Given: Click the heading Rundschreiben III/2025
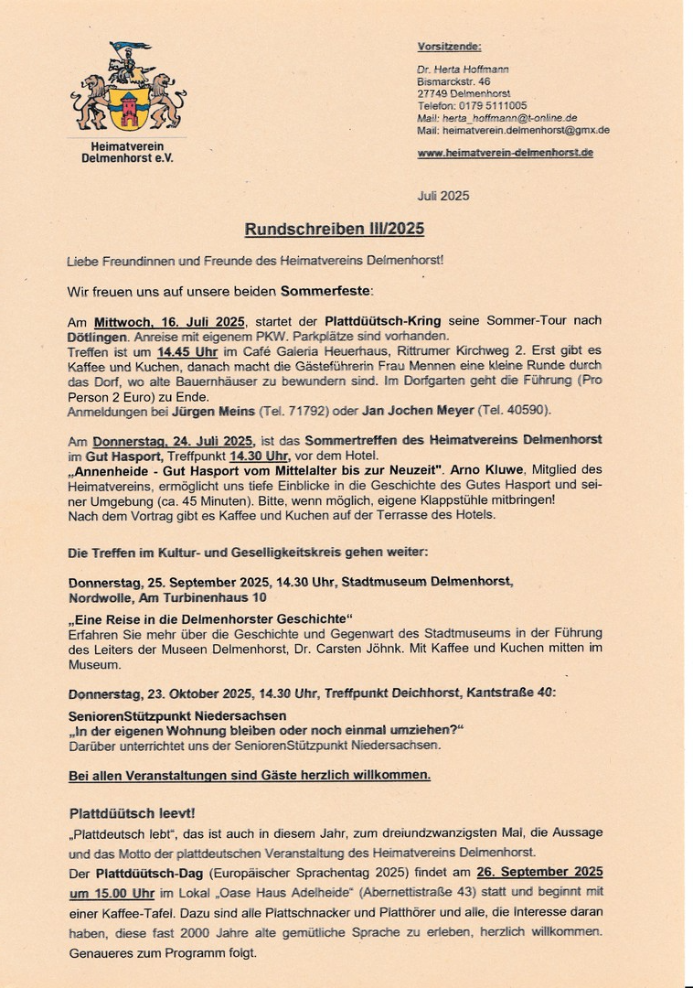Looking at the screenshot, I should pyautogui.click(x=334, y=229).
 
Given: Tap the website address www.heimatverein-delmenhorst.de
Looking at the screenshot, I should pyautogui.click(x=505, y=153).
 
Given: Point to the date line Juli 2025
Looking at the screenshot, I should pyautogui.click(x=443, y=196).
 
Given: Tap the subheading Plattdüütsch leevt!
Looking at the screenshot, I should pyautogui.click(x=132, y=812).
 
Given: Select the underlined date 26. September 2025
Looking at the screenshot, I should pyautogui.click(x=539, y=872).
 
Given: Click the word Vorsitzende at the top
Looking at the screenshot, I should pyautogui.click(x=449, y=47).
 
